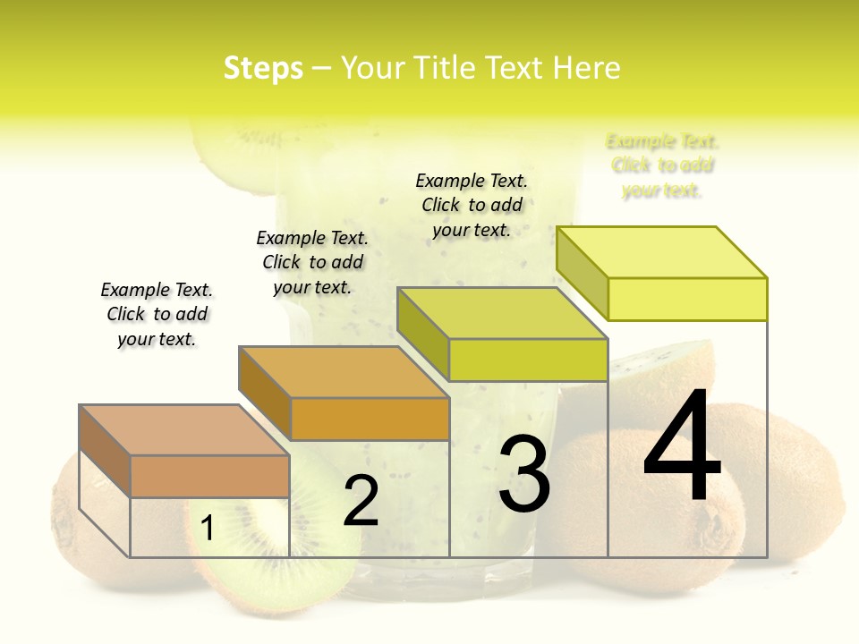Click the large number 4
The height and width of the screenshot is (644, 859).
(682, 447)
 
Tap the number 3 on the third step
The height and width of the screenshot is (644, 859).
(524, 474)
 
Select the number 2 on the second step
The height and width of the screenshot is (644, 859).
(361, 501)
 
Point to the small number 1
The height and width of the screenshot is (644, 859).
(208, 529)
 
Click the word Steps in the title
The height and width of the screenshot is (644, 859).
(263, 68)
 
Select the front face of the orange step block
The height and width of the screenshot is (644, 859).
(370, 419)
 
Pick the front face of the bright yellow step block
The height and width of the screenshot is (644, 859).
(687, 299)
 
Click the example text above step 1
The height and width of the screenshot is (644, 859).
(157, 314)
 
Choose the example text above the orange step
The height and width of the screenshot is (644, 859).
(312, 262)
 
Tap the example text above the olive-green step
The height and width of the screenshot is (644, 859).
(472, 205)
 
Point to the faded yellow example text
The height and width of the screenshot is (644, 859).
(662, 165)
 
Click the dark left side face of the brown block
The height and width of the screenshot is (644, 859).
(105, 450)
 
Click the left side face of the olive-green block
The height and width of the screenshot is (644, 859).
(423, 332)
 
